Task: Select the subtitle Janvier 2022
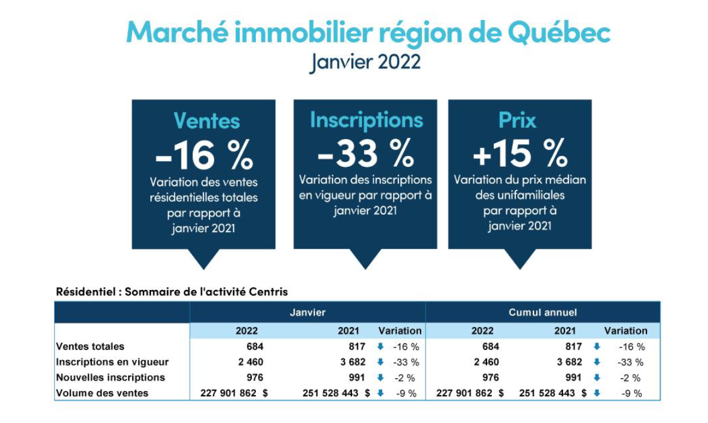365,62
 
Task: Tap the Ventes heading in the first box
207,121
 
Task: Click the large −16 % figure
204,155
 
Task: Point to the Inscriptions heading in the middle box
366,120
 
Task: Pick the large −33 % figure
366,153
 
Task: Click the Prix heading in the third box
517,120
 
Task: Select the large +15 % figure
520,153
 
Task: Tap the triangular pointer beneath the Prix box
520,259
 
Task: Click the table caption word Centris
270,291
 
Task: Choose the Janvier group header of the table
307,312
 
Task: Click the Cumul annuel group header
543,312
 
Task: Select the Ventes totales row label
91,347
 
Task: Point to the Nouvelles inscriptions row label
110,377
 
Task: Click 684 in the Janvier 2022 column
255,347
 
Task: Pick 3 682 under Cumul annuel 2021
569,362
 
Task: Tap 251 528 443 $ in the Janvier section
336,393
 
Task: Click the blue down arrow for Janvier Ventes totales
380,347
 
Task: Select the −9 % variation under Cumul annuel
632,393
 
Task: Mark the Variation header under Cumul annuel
626,331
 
